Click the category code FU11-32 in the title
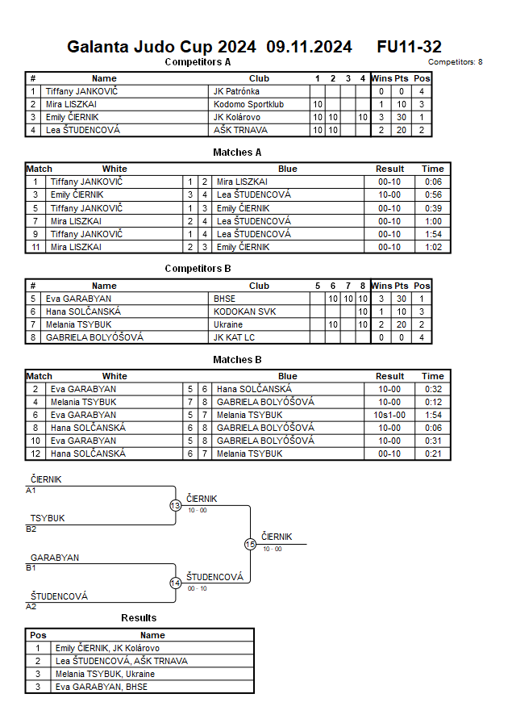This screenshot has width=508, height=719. (409, 47)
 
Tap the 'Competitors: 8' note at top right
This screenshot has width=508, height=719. (455, 61)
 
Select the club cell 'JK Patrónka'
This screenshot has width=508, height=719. (236, 91)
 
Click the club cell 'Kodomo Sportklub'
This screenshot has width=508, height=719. (247, 104)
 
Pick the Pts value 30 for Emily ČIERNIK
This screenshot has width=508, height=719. (401, 117)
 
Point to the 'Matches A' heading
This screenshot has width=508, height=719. (237, 152)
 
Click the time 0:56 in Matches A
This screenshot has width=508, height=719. (432, 194)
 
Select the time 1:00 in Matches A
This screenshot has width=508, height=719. (432, 220)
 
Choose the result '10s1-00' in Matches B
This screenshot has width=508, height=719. (389, 415)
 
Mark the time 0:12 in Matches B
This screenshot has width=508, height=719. (432, 402)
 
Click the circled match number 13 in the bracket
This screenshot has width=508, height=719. (176, 505)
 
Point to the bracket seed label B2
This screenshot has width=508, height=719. (31, 529)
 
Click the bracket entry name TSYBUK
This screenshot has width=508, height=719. (48, 518)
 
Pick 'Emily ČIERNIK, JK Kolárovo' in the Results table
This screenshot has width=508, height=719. (107, 648)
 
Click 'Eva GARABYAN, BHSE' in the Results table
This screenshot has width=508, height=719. (101, 687)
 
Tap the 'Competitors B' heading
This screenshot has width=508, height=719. (198, 268)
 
